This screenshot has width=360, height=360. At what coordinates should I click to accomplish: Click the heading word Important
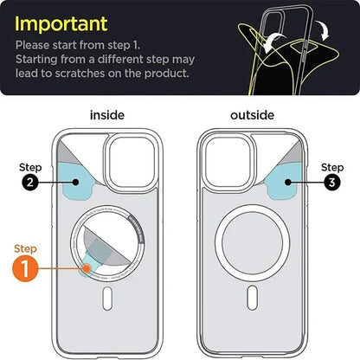coord(61,22)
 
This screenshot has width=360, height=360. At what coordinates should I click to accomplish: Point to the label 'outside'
coord(252,114)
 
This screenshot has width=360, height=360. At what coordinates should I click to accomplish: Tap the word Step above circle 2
coord(31,167)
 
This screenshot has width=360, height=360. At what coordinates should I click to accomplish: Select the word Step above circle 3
coord(332,167)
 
